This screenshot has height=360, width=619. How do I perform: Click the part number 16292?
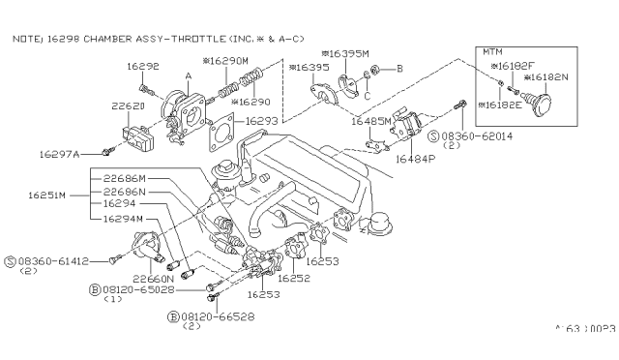pyautogui.click(x=143, y=67)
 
